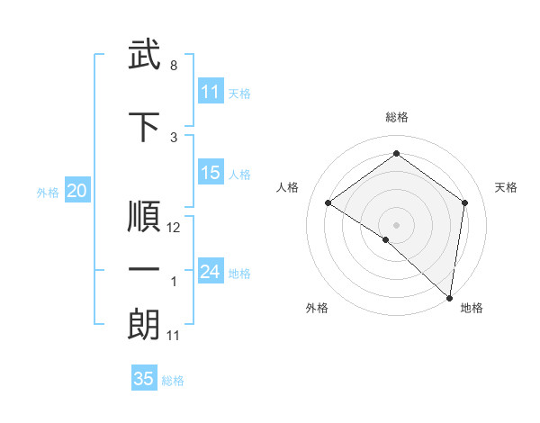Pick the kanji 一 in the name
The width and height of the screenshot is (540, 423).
(144, 270)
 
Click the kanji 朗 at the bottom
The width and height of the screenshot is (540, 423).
(144, 326)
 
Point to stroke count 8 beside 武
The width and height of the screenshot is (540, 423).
(174, 66)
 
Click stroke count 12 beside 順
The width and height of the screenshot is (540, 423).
(174, 228)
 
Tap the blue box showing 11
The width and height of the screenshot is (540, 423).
(211, 92)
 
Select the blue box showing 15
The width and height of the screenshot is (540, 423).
(211, 173)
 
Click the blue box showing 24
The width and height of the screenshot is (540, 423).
(211, 272)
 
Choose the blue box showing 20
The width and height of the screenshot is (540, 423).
(77, 191)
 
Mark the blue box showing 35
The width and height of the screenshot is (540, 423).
(144, 379)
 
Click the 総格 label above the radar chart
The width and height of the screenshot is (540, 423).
(396, 117)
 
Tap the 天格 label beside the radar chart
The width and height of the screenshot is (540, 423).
(506, 187)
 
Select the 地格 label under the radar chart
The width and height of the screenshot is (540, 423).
(472, 308)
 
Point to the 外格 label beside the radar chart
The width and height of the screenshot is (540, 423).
(317, 308)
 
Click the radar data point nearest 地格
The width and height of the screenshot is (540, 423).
(449, 298)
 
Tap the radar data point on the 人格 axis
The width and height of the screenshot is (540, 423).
(328, 202)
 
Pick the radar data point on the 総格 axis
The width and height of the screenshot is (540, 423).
(396, 154)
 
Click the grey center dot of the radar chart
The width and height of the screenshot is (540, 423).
(396, 224)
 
